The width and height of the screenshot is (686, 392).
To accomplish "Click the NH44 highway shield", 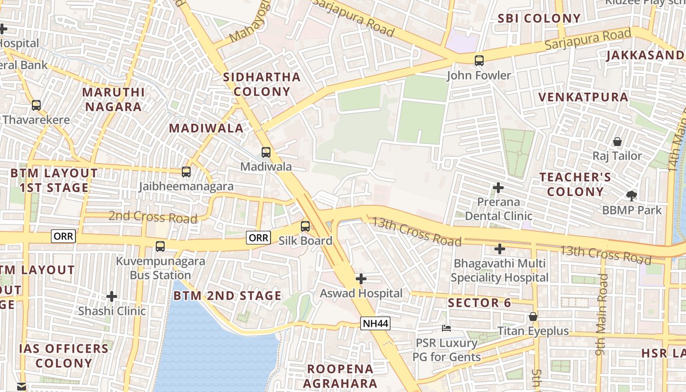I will coord(375,323).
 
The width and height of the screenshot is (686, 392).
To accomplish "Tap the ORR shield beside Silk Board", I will coord(258,238).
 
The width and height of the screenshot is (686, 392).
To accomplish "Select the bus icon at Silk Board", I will coord(305,226).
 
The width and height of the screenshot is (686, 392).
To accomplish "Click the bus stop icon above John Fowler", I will coord(479,61).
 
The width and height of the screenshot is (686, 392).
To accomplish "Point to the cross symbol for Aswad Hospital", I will coord(361,279).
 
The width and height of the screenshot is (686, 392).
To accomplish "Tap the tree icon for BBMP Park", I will coord(632,196).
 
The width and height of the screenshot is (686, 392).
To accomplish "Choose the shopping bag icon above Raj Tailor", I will coord(617,142).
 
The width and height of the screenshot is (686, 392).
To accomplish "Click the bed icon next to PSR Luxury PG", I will coord(446,328).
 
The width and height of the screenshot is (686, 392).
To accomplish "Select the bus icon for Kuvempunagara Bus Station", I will coord(160,246).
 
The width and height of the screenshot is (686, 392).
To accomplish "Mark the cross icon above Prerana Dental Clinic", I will coord(498,188).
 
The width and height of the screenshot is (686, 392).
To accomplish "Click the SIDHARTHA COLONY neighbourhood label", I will coord(262,84).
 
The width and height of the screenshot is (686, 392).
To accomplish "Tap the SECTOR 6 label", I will coord(479,303).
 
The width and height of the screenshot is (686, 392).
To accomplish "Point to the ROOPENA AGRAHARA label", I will coord(340,376).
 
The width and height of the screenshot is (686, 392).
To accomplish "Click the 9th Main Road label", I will coord(603,314).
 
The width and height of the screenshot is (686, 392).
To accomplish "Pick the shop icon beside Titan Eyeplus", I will coord(533,317).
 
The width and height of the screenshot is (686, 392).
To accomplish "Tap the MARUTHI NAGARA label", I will coord(113,99).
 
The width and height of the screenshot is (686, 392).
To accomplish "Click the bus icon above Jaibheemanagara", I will coord(186,172).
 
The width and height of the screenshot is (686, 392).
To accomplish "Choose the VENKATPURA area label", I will coord(583,97).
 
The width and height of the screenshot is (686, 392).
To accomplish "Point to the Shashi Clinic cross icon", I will coord(112,296).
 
